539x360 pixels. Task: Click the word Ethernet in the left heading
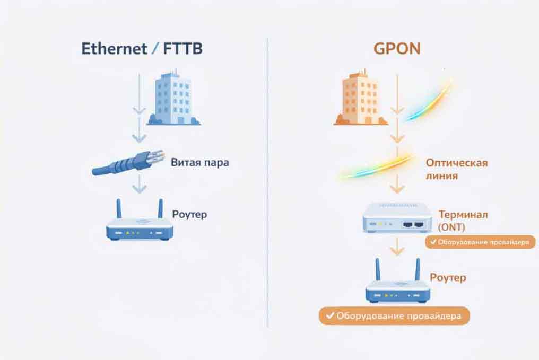(x=114, y=49)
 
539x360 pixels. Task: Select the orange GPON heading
(x=397, y=49)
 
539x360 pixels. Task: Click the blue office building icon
(x=173, y=99)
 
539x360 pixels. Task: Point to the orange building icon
(x=359, y=99)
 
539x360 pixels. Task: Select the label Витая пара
(x=200, y=162)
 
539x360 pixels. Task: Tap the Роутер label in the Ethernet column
(x=189, y=215)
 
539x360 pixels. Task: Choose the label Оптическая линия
(x=456, y=169)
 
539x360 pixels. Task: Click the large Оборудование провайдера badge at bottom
(x=394, y=316)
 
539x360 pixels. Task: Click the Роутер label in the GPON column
(x=447, y=277)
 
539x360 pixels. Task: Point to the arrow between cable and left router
(x=139, y=184)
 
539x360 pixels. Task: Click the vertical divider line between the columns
(x=267, y=180)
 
